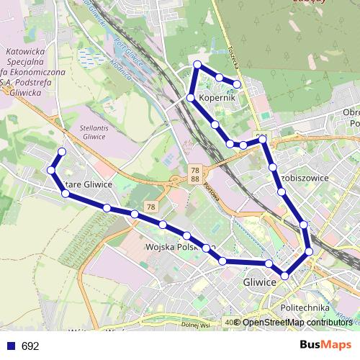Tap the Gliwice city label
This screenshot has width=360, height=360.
[x=260, y=282]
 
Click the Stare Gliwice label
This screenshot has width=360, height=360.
[x=88, y=184]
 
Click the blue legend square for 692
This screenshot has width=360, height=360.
[x=11, y=346]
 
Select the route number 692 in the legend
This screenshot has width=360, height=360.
[x=30, y=346]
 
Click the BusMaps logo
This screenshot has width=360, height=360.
[x=325, y=345]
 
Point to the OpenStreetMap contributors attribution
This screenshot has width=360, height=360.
[x=297, y=323]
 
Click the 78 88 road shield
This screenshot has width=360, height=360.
[x=195, y=174]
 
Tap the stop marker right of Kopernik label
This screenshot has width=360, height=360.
[x=237, y=84]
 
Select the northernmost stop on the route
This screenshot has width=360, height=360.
[x=197, y=65]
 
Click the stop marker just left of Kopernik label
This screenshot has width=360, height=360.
[x=190, y=97]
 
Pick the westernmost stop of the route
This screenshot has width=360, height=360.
[x=51, y=170]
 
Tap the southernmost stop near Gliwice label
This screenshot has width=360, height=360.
[x=286, y=276]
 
